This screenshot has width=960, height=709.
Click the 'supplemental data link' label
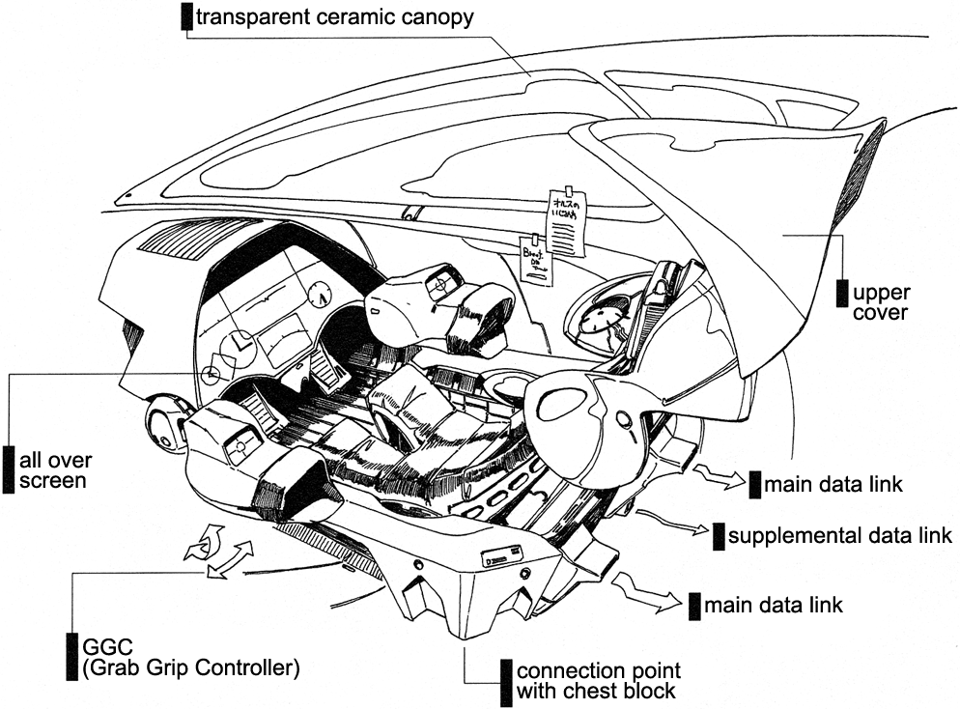pos(840,535)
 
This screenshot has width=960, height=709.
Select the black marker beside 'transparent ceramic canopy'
pos(186,16)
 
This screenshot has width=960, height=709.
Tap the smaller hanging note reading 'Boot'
pos(536,259)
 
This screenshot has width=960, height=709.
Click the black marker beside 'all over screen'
pos(9,469)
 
